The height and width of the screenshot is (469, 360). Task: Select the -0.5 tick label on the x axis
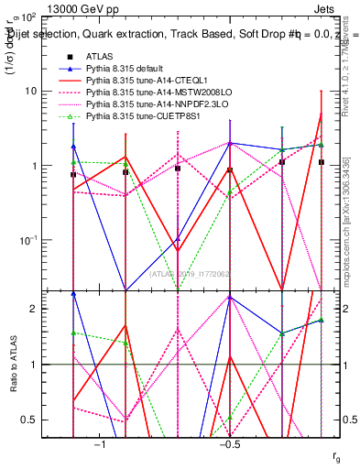click(x=229, y=445)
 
